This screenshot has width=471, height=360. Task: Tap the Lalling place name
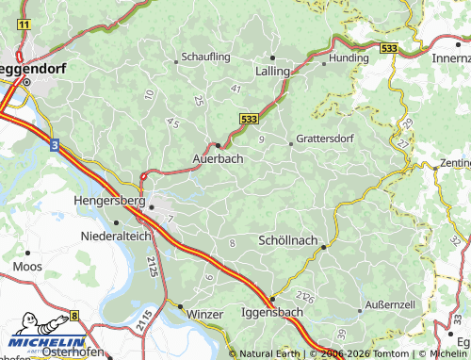tap(272, 71)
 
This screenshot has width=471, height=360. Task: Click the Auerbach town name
tap(219, 158)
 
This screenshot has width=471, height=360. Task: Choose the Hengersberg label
tap(108, 201)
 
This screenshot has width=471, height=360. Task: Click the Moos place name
tap(27, 267)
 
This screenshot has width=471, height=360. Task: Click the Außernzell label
tap(390, 305)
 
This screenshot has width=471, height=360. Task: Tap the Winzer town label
tap(204, 313)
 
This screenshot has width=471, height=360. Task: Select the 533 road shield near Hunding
tap(387, 46)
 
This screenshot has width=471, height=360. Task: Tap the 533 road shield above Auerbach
tap(248, 119)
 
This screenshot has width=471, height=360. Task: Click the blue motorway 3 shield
tap(55, 145)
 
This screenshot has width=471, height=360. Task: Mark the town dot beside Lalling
tap(272, 57)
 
